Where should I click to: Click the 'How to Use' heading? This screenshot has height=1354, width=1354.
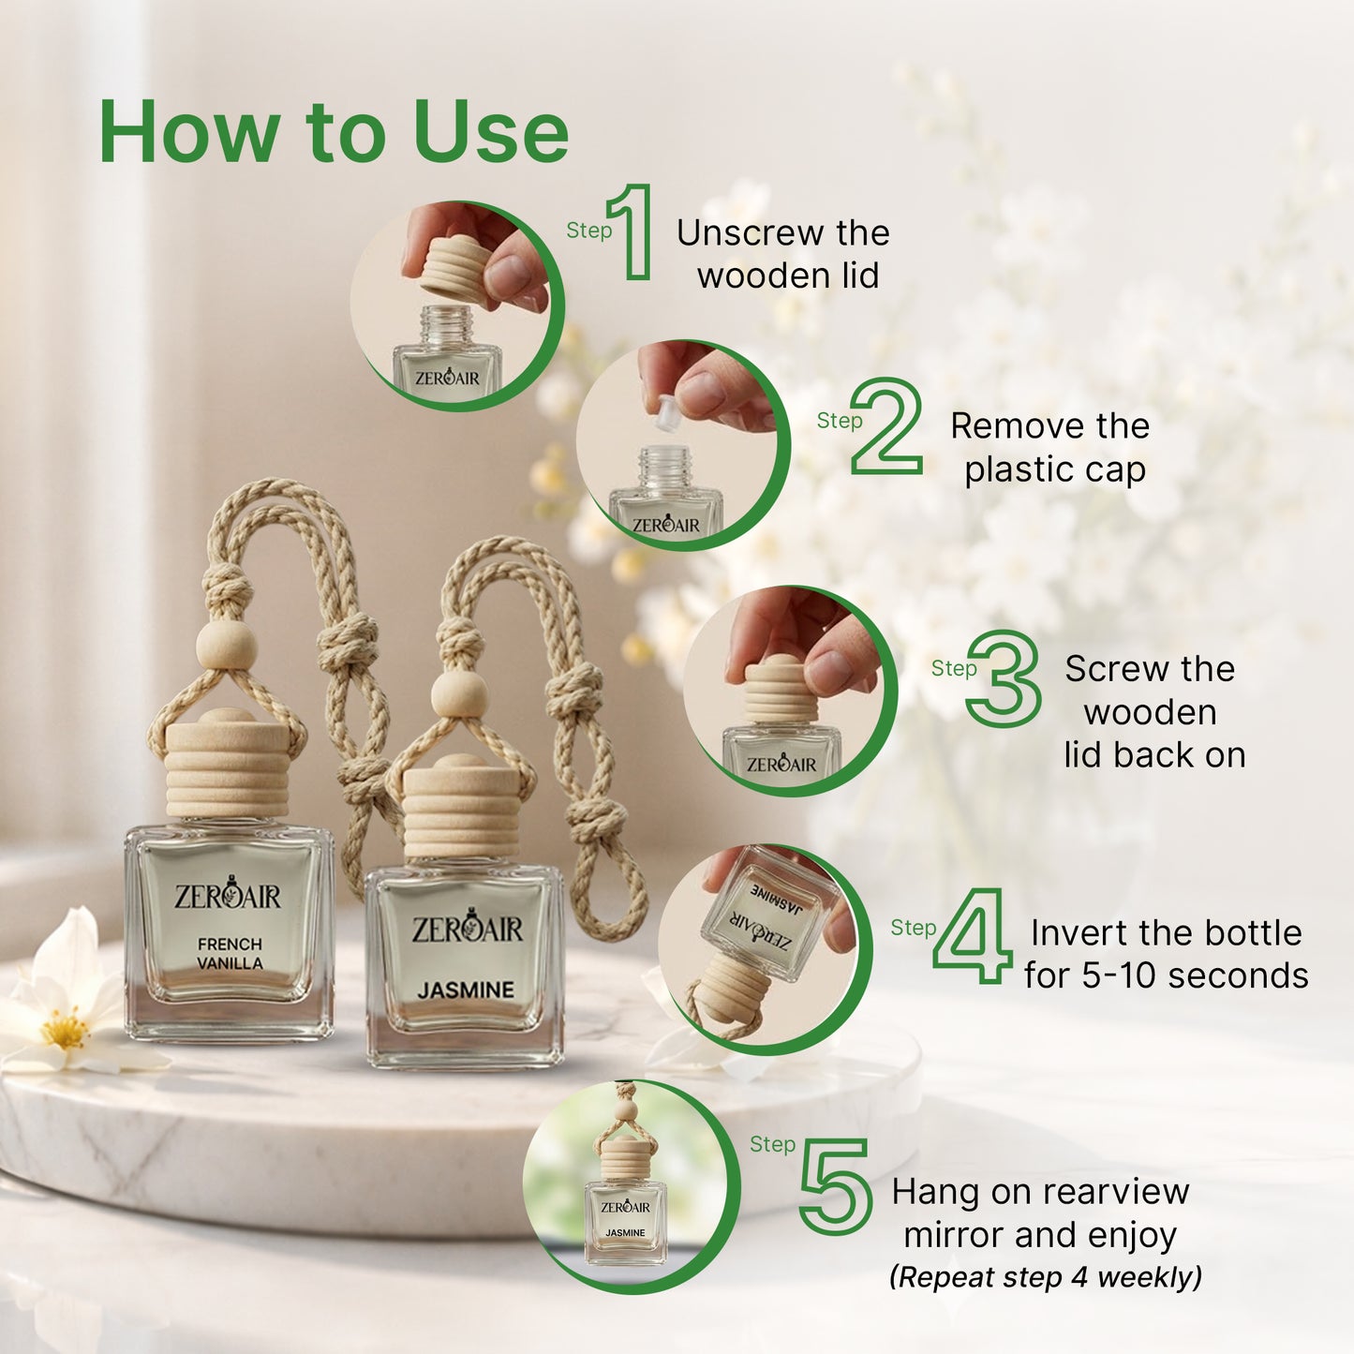tap(334, 132)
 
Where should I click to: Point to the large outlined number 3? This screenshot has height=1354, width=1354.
tap(1004, 678)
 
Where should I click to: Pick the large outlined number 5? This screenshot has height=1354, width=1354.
tap(835, 1185)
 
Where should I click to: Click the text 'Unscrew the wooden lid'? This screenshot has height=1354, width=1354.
tap(784, 254)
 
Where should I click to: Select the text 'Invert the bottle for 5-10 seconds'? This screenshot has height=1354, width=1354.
tap(1166, 954)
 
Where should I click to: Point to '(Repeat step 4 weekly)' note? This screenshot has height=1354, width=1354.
tap(1045, 1277)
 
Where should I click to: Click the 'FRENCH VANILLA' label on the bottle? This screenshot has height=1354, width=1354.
tap(230, 953)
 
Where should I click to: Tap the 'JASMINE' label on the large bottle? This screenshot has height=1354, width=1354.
tap(466, 989)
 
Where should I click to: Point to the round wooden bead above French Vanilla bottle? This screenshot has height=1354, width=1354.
tap(226, 646)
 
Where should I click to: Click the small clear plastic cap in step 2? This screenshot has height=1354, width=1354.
tap(666, 413)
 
